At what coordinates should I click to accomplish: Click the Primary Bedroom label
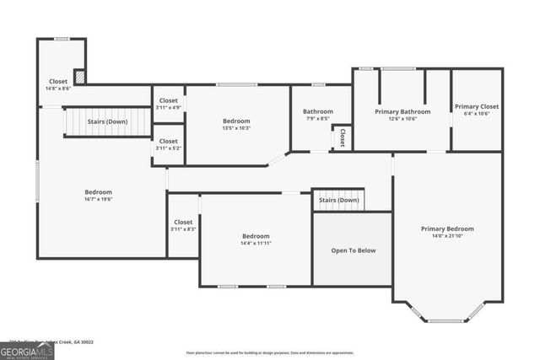[x=447, y=228]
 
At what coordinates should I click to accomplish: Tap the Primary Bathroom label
[x=402, y=111]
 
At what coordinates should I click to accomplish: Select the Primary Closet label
[x=477, y=107]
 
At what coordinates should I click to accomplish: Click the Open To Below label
[x=352, y=250]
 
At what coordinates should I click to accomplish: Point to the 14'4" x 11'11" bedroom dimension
[x=256, y=243]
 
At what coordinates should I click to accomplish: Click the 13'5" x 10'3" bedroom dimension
[x=236, y=128]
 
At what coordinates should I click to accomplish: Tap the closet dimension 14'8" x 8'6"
[x=59, y=88]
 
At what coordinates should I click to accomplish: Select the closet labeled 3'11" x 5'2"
[x=168, y=148]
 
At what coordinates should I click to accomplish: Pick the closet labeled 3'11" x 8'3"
[x=183, y=229]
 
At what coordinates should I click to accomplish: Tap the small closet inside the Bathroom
[x=342, y=136]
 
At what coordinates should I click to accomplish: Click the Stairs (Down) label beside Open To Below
[x=338, y=200]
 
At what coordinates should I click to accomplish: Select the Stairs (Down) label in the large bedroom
[x=108, y=121]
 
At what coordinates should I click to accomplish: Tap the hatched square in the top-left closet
[x=79, y=76]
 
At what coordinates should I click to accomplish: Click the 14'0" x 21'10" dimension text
[x=447, y=236]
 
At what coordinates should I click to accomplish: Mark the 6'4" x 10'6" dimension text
[x=477, y=114]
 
